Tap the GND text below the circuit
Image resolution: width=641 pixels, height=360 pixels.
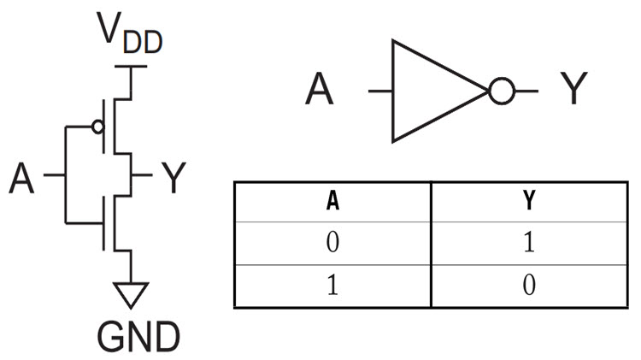pyautogui.click(x=130, y=335)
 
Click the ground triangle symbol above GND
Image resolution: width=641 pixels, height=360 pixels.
pyautogui.click(x=131, y=293)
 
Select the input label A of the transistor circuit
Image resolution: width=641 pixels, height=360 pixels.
pyautogui.click(x=22, y=177)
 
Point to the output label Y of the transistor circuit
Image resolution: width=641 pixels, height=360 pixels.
pyautogui.click(x=173, y=177)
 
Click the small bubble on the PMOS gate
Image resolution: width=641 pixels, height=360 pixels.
pyautogui.click(x=97, y=127)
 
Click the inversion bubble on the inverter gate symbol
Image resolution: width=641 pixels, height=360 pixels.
pyautogui.click(x=501, y=90)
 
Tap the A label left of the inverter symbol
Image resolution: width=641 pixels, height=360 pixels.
pyautogui.click(x=321, y=90)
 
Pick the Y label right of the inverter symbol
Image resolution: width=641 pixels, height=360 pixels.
pyautogui.click(x=575, y=90)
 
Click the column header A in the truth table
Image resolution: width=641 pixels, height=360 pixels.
pyautogui.click(x=332, y=203)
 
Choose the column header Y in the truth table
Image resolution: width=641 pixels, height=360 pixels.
pyautogui.click(x=529, y=203)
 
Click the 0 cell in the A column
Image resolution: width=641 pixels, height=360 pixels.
pyautogui.click(x=332, y=244)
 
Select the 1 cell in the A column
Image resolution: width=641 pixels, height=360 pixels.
pyautogui.click(x=332, y=285)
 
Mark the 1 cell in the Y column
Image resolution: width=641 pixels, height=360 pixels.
pyautogui.click(x=529, y=244)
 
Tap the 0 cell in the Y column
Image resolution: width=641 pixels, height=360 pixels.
pyautogui.click(x=529, y=285)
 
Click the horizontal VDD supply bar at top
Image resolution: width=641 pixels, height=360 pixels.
pyautogui.click(x=131, y=66)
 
